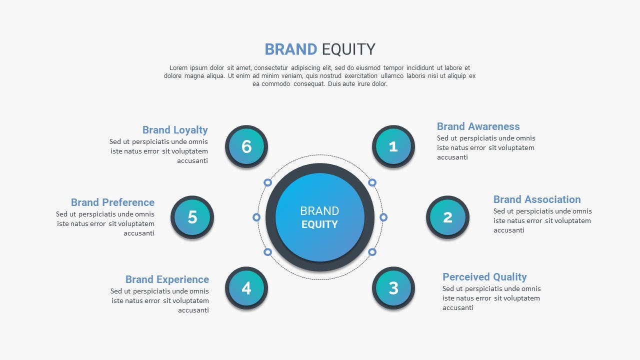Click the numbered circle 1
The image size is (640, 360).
coord(393,146)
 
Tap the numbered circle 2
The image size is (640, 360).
coord(447,217)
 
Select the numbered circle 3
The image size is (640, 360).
coord(393,288)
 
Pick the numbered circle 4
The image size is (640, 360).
coord(246,288)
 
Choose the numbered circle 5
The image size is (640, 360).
coord(192,217)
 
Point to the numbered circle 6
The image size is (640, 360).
coord(246,146)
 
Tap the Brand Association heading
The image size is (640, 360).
coord(537,199)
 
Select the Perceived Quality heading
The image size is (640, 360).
coord(484,277)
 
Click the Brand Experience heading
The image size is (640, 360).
coord(167,279)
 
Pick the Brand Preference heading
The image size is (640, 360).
coord(112,202)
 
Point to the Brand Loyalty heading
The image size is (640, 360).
coord(175,130)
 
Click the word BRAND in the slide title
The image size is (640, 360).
coord(291,49)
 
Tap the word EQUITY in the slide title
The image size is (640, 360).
coord(348,49)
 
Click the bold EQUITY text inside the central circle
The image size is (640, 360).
coord(319,224)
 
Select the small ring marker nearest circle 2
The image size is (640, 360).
coord(383,217)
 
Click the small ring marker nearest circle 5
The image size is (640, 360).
coord(256,217)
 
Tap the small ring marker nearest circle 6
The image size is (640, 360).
coord(267,182)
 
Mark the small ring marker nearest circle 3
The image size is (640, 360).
coord(372,252)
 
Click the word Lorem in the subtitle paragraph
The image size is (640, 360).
coord(178,68)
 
